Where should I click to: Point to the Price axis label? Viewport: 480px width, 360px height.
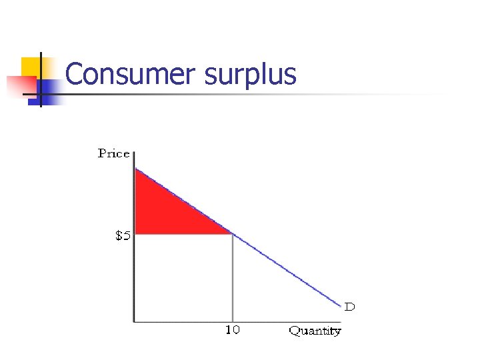pyautogui.click(x=113, y=153)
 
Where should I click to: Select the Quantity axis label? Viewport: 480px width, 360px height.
pyautogui.click(x=315, y=331)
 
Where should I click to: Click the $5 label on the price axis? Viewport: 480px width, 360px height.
pyautogui.click(x=123, y=236)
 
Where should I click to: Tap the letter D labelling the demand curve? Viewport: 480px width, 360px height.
pyautogui.click(x=349, y=307)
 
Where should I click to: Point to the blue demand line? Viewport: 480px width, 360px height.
pyautogui.click(x=287, y=271)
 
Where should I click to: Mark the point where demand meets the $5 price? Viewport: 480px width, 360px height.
pyautogui.click(x=232, y=233)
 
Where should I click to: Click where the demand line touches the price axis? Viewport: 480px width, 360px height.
pyautogui.click(x=135, y=168)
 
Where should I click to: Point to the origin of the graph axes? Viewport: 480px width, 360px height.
pyautogui.click(x=135, y=322)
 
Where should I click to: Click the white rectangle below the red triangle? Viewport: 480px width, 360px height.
pyautogui.click(x=183, y=277)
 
